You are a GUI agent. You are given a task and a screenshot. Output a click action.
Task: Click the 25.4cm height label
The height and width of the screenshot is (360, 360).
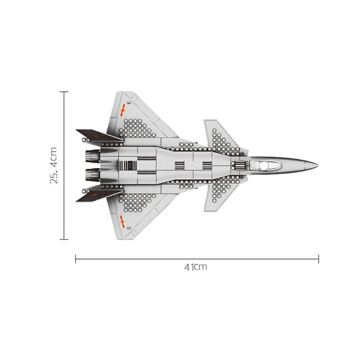[53, 166]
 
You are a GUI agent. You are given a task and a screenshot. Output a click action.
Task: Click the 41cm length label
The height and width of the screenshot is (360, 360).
[196, 266]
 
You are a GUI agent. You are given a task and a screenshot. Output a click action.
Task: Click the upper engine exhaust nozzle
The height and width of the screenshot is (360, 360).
[91, 157]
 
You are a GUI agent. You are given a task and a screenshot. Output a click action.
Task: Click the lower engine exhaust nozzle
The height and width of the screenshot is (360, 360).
[91, 175]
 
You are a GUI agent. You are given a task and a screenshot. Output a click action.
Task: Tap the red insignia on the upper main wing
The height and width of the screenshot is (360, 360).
[122, 110]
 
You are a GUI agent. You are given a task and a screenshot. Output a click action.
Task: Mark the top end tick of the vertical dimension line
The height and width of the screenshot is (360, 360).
[64, 92]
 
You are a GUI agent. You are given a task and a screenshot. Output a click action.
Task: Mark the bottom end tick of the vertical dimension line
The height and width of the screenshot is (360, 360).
[64, 239]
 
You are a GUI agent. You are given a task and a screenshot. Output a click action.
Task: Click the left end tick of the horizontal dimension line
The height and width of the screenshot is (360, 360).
[76, 259]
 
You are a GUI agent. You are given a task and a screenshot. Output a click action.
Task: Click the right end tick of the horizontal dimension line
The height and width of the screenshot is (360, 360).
[319, 259]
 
